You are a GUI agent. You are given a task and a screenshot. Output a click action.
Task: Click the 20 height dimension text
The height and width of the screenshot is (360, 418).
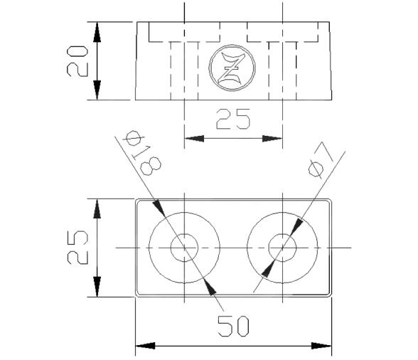[78, 60]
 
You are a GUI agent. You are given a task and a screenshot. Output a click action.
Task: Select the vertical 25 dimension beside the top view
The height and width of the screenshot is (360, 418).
[78, 247]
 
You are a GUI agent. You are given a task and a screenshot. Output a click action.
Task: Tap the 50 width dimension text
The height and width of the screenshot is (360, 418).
[233, 327]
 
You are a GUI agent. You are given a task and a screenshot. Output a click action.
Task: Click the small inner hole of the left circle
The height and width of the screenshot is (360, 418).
[184, 248]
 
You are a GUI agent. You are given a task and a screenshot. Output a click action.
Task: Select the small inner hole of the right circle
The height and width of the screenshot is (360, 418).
[282, 248]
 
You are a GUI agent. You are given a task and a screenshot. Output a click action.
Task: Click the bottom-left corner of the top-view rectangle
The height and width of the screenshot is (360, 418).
[136, 295]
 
